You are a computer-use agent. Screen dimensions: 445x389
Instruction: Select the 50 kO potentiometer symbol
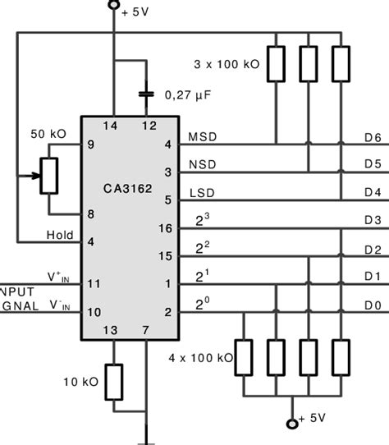point(49,175)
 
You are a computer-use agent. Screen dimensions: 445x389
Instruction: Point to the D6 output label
point(372,139)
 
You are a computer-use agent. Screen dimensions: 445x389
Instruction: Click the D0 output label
point(372,305)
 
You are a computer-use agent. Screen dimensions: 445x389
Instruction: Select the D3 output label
point(372,221)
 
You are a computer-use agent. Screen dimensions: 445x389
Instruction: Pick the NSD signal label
point(203,165)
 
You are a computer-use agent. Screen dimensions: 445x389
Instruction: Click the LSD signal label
point(203,193)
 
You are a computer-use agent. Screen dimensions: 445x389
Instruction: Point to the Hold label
point(59,236)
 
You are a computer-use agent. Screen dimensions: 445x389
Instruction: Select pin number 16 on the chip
point(166,227)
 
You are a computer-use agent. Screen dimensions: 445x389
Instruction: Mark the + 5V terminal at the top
point(114,8)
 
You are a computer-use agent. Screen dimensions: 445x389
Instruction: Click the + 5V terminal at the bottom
point(291,424)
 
